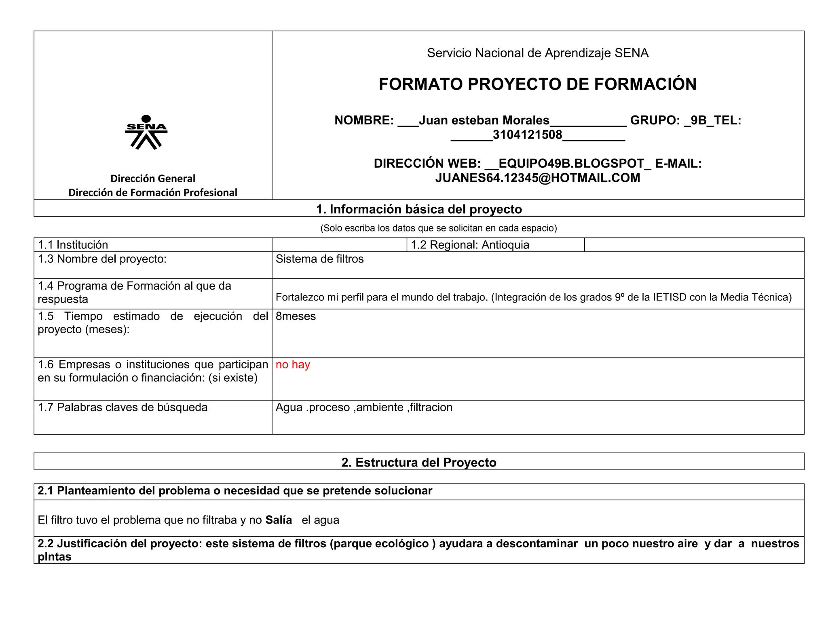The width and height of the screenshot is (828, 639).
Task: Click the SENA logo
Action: (146, 132)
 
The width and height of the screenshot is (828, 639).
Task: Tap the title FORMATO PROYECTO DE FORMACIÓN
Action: (537, 84)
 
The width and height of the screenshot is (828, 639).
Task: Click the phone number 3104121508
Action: (527, 135)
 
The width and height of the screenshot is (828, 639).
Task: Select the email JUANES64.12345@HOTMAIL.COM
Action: (537, 178)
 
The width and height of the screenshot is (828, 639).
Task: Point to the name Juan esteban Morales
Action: (484, 120)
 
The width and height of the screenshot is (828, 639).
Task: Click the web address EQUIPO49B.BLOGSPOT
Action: (571, 164)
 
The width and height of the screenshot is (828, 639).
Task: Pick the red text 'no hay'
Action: (293, 364)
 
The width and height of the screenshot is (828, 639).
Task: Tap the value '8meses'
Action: (296, 316)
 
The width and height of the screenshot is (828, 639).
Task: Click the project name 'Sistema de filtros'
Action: (319, 259)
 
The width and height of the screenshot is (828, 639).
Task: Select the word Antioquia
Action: (505, 245)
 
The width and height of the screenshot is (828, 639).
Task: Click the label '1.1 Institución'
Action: (73, 245)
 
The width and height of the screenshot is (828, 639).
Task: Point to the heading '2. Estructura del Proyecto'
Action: (418, 462)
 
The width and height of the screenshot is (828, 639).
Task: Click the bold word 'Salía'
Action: (279, 520)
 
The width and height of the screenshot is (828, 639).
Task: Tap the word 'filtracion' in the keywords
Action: (431, 407)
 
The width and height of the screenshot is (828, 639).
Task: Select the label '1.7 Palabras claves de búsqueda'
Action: (123, 407)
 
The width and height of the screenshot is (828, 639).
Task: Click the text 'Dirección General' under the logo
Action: (153, 179)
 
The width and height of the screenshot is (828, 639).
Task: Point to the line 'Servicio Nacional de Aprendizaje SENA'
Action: (537, 53)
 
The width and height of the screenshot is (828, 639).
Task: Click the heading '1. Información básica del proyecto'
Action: (418, 209)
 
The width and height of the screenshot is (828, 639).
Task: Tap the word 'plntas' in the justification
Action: (55, 557)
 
